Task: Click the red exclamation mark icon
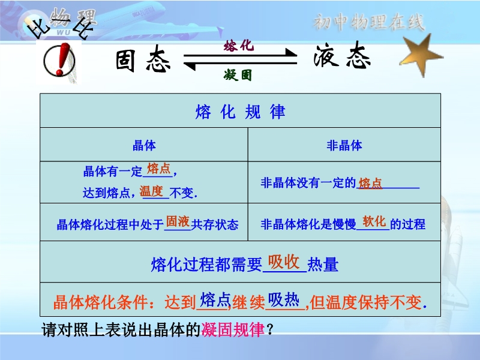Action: click(x=59, y=60)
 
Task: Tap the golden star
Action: click(x=422, y=55)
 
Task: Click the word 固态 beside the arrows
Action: click(x=143, y=59)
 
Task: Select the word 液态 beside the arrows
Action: click(x=342, y=56)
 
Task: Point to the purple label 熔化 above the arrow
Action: click(x=239, y=46)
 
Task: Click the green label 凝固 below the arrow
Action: click(x=238, y=75)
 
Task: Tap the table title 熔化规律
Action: click(x=241, y=112)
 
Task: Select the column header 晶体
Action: click(x=144, y=145)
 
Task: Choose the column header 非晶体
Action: click(x=344, y=145)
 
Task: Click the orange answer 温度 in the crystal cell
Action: click(x=151, y=191)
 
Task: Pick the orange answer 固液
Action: click(x=178, y=221)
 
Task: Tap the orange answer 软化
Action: click(x=374, y=221)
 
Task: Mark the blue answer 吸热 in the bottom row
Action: click(x=284, y=299)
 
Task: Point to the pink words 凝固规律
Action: click(x=233, y=329)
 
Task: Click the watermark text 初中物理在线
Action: click(x=369, y=22)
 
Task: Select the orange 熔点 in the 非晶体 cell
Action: click(x=370, y=184)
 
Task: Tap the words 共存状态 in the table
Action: click(x=215, y=224)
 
